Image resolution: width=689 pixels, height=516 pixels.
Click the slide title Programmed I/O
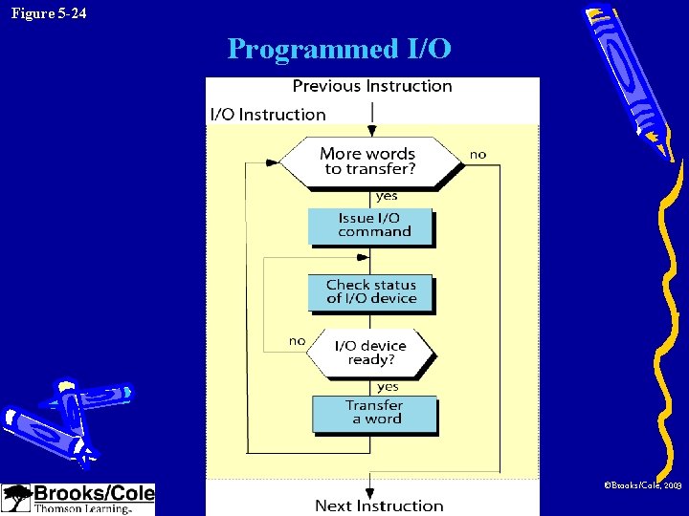339,49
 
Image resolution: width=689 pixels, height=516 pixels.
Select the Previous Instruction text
372,86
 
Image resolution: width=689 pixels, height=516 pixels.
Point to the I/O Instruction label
268,115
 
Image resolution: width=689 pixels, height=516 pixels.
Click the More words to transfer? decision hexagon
370,161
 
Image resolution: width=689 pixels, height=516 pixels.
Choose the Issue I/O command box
370,226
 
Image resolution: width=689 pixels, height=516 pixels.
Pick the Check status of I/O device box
370,291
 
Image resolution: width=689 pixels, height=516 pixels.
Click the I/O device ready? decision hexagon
370,353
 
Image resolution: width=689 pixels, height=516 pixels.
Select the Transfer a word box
374,413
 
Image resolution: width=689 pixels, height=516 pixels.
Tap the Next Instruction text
379,505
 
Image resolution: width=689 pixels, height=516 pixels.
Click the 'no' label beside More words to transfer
478,154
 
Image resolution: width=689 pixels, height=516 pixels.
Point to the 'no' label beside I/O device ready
297,341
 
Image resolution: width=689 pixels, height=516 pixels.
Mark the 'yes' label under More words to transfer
387,196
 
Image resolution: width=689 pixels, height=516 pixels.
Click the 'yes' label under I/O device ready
388,387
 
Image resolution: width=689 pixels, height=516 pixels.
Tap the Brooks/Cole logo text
94,494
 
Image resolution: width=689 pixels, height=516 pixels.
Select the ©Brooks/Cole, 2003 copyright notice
642,486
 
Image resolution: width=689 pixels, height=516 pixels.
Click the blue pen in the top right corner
632,76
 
